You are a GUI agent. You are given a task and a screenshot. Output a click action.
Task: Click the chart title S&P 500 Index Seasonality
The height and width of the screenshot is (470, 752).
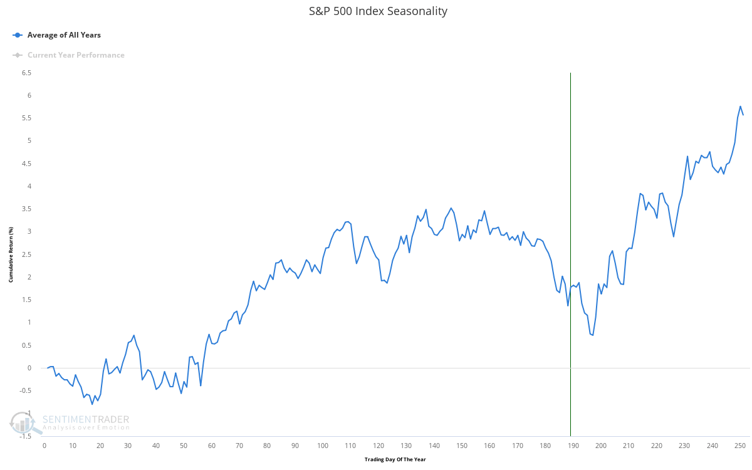(378, 11)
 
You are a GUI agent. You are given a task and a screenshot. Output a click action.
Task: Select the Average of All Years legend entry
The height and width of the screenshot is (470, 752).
(63, 35)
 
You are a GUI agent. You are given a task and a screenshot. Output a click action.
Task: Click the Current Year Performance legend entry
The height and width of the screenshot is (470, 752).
(75, 55)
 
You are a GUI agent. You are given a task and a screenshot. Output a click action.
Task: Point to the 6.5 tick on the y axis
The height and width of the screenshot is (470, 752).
(26, 73)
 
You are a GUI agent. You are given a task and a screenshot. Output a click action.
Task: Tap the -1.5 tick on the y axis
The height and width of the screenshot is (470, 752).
(24, 436)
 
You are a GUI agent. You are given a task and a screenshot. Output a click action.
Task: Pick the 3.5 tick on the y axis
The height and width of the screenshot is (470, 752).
(26, 209)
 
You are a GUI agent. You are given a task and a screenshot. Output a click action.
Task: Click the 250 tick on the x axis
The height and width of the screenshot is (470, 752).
(740, 446)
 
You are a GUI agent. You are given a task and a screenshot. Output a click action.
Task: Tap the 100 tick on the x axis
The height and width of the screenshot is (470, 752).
(323, 446)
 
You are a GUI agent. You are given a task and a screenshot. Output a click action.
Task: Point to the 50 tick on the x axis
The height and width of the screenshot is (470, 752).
(184, 446)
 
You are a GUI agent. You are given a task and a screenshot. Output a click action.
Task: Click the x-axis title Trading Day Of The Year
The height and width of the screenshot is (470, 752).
(395, 459)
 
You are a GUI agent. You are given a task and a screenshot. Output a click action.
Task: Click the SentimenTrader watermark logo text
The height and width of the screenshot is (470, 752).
(86, 420)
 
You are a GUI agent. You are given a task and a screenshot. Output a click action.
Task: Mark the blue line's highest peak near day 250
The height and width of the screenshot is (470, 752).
(740, 107)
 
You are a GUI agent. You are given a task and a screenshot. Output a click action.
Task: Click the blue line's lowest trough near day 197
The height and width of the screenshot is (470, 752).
(592, 335)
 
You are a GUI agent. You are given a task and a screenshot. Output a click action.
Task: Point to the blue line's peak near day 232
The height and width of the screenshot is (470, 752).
(687, 156)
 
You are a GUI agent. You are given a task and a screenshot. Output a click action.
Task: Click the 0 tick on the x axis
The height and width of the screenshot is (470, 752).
(44, 446)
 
